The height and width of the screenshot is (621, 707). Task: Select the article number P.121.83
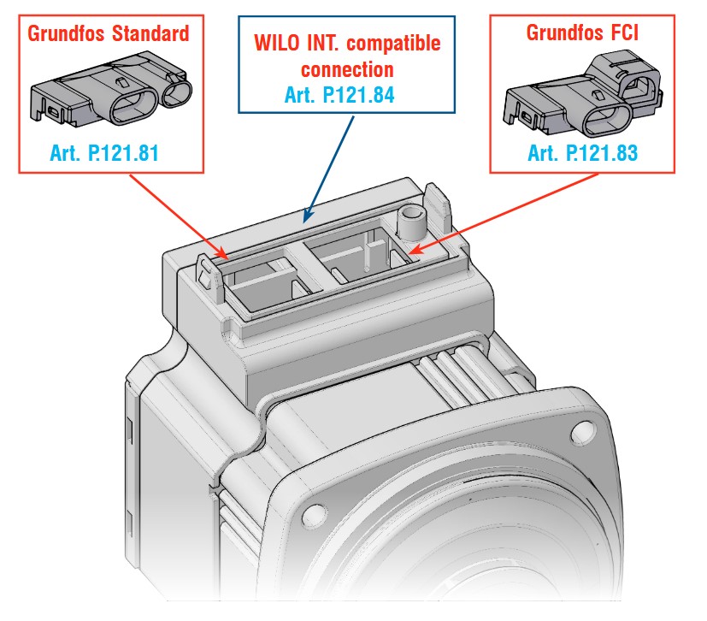click(603, 153)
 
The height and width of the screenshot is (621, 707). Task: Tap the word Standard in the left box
click(150, 33)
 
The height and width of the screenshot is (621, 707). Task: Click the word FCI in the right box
click(625, 33)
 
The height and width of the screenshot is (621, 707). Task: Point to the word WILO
click(276, 44)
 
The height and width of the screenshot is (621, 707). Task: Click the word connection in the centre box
click(347, 70)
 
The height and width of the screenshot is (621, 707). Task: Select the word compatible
click(393, 44)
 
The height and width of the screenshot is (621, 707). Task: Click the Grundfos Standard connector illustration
click(111, 89)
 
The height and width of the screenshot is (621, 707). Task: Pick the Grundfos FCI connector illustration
click(583, 95)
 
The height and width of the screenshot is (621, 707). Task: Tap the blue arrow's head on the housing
click(307, 216)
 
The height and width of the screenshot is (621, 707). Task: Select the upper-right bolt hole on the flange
click(583, 432)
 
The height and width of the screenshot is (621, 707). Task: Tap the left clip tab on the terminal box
click(210, 276)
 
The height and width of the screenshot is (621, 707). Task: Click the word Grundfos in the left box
click(66, 33)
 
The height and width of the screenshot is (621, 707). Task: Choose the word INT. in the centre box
click(323, 44)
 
